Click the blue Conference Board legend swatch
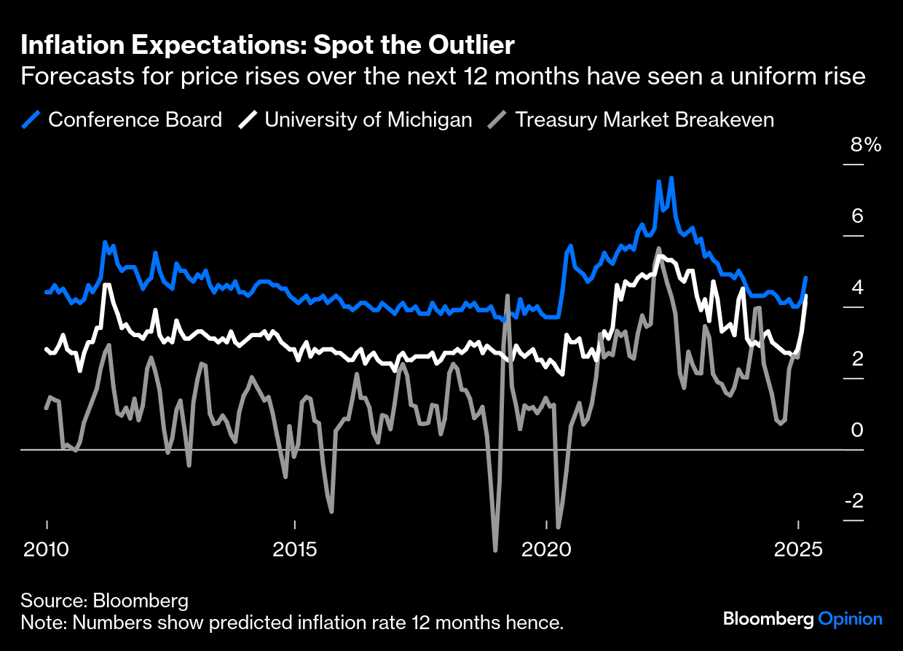[31, 119]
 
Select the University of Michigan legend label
[368, 119]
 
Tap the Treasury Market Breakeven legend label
[644, 119]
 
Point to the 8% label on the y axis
[866, 144]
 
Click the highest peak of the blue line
[671, 178]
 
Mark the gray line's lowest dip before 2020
[496, 550]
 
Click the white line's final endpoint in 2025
[805, 296]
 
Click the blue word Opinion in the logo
[850, 619]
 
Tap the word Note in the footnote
[41, 623]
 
